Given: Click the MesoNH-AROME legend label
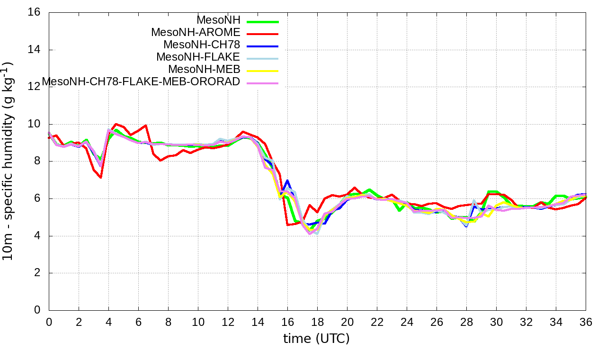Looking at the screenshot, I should click(x=196, y=32).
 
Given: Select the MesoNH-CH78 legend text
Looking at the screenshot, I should click(x=202, y=45).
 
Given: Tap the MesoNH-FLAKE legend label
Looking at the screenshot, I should click(x=198, y=57).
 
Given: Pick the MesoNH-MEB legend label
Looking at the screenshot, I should click(x=207, y=69).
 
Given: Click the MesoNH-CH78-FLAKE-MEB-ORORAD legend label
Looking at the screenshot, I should click(x=141, y=81).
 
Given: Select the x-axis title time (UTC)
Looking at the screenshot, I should click(x=316, y=339).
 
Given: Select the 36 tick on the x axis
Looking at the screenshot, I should click(x=586, y=322).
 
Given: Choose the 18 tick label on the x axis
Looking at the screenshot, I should click(x=317, y=322).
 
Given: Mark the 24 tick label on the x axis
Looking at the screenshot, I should click(x=407, y=322).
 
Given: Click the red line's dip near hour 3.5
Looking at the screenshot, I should click(x=101, y=178).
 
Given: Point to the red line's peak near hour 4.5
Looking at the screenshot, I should click(x=116, y=124).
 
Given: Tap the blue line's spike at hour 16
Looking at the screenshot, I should click(x=287, y=180).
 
